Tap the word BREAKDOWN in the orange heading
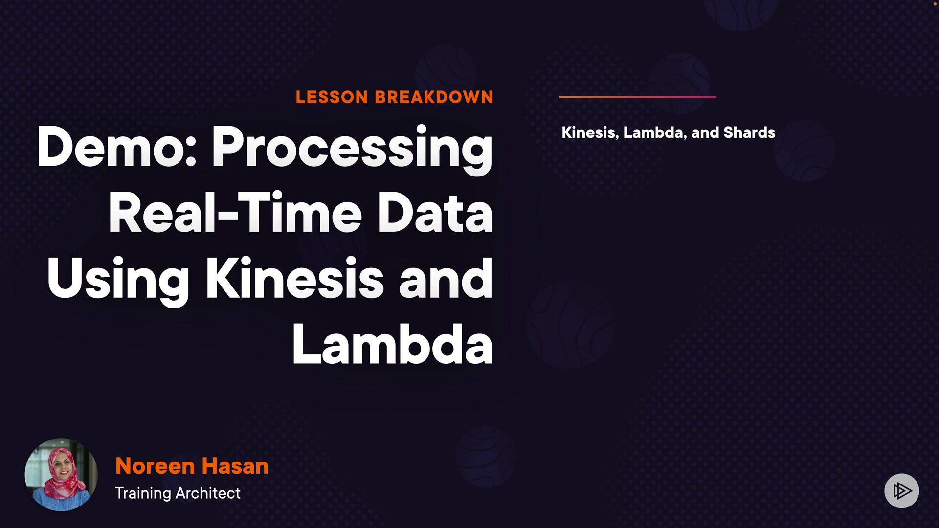coord(434,97)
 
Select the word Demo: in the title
coord(116,147)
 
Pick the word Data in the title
coord(435,213)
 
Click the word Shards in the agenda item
coord(749,132)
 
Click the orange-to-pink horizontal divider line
coord(637,97)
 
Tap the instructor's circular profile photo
coord(61,475)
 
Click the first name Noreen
coord(155,466)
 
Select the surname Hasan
coord(235,466)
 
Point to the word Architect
coord(208,493)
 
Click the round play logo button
coord(901,490)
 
